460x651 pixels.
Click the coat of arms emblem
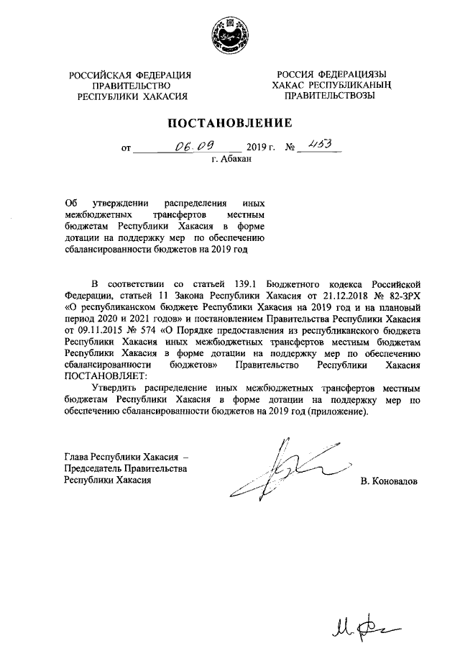pyautogui.click(x=229, y=36)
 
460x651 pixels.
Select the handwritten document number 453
pyautogui.click(x=316, y=146)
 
